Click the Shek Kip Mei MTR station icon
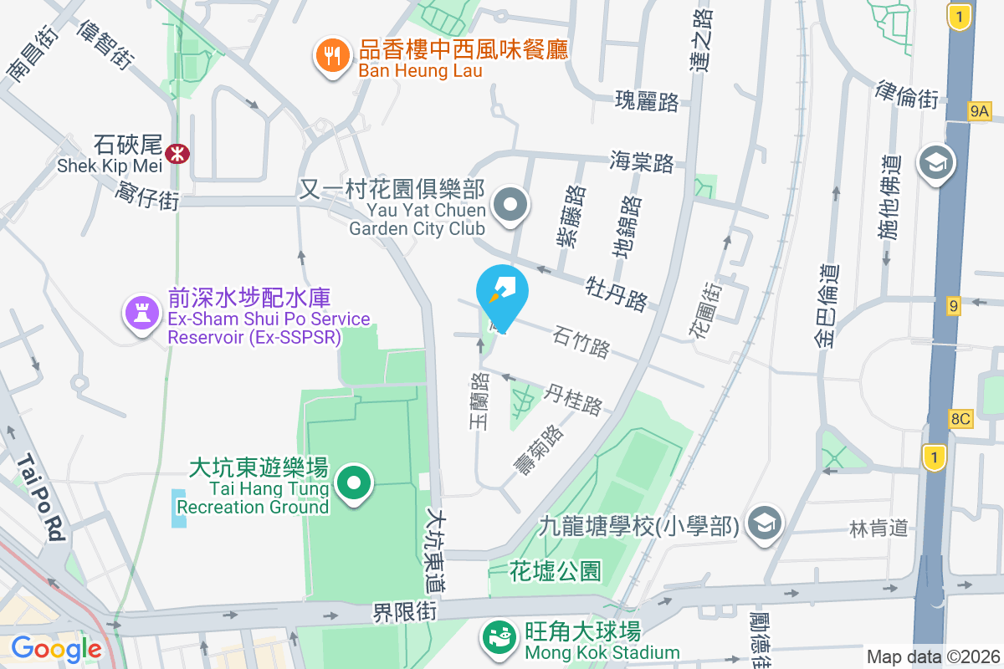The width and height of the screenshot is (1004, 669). pos(177,153)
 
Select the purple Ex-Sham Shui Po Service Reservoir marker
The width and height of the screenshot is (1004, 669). pos(141,314)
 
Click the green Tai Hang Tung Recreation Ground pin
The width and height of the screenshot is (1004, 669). pos(354,483)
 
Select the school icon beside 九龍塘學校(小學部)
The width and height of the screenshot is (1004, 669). pos(763,523)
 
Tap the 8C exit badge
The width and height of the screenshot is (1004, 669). pos(960,419)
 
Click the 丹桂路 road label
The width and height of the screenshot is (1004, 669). pos(574,400)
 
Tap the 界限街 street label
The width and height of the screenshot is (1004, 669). pos(405,611)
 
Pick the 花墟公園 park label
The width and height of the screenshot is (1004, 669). pos(556,572)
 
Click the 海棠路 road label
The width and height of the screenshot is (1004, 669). pos(642,161)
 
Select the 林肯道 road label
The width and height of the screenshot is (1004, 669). pos(878,528)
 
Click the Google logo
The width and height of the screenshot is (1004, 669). pos(55,648)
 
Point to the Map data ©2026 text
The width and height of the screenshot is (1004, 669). pos(933,656)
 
